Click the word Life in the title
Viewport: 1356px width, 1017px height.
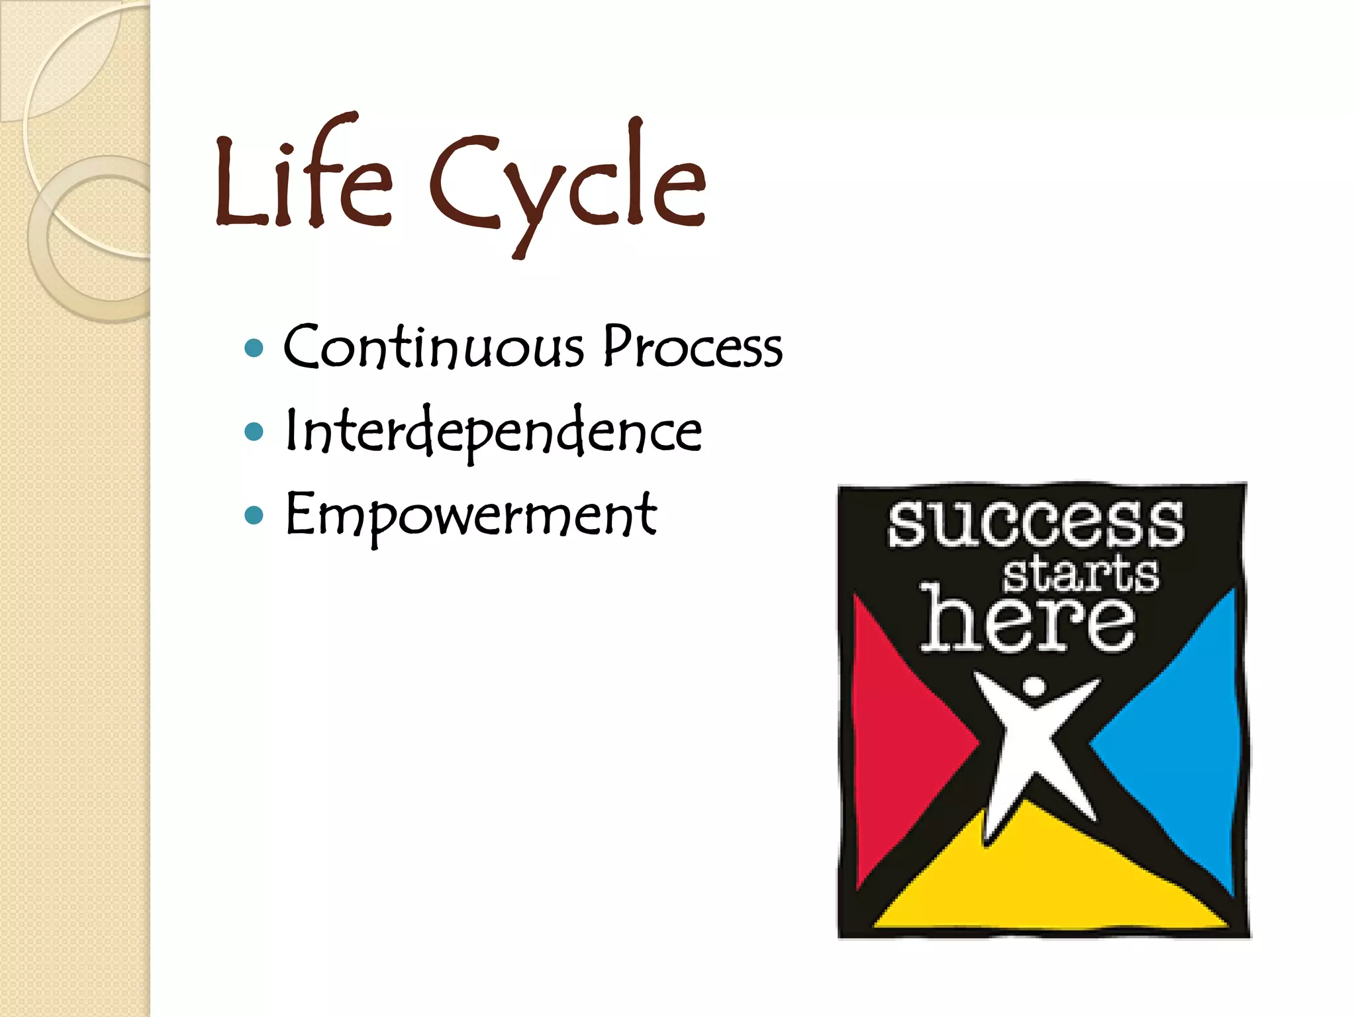click(x=303, y=179)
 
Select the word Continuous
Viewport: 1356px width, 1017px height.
click(x=434, y=348)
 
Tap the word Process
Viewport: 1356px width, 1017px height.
click(x=693, y=348)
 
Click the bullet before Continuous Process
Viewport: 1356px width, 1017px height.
click(x=254, y=348)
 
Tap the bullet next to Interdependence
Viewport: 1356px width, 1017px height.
click(x=254, y=432)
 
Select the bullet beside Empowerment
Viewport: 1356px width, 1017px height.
click(x=254, y=515)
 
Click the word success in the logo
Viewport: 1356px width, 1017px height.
click(x=1036, y=524)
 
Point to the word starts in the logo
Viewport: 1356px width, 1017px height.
click(x=1081, y=575)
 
